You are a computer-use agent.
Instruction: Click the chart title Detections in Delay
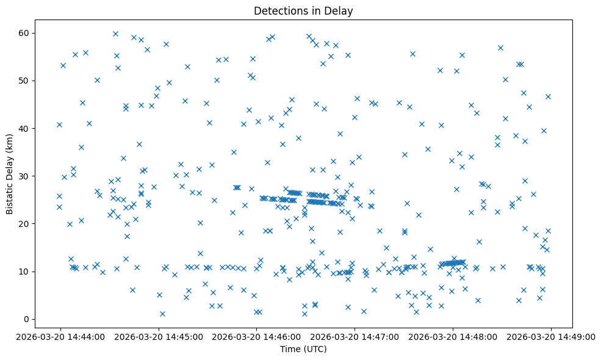pos(303,11)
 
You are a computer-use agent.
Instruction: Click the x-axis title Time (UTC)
pos(303,350)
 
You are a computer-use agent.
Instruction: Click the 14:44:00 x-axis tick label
pos(60,336)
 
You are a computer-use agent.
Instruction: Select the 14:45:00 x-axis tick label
pos(158,336)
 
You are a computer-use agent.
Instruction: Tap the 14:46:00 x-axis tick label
pos(256,336)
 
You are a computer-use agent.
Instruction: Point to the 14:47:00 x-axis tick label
pos(354,336)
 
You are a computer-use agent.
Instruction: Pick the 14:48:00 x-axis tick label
pos(453,336)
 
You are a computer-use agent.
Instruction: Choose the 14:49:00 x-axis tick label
pos(551,336)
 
